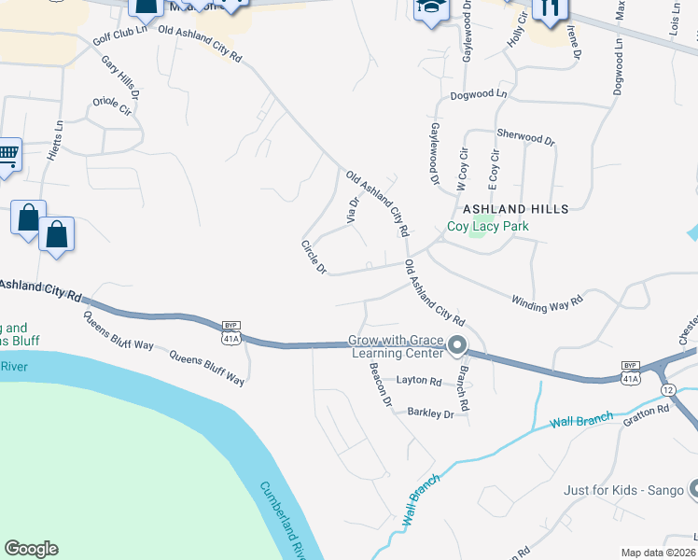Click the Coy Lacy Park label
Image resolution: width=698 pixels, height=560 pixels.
[x=487, y=226]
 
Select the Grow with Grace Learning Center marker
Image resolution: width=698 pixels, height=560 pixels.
[x=457, y=346]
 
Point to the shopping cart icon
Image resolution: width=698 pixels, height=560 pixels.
[x=7, y=155]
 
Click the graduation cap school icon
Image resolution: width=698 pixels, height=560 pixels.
[x=430, y=7]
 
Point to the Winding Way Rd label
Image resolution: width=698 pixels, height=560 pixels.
[x=547, y=301]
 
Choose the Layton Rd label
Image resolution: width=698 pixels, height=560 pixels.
[x=418, y=381]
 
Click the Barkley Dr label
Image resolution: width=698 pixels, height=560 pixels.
[x=429, y=413]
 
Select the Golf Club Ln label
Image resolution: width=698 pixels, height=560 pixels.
[x=120, y=43]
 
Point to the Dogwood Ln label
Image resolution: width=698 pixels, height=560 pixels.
[x=478, y=94]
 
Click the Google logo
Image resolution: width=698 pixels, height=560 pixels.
[x=31, y=549]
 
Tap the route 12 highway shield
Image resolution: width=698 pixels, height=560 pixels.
[x=667, y=388]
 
